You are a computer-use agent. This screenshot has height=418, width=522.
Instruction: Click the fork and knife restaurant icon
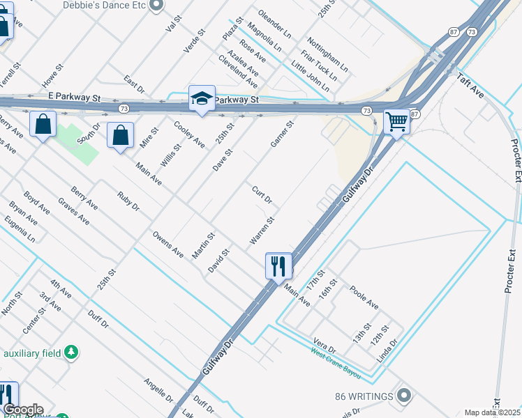pyautogui.click(x=278, y=265)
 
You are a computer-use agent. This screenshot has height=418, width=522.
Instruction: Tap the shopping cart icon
pyautogui.click(x=397, y=121)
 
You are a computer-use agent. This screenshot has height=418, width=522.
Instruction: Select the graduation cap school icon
pyautogui.click(x=202, y=98)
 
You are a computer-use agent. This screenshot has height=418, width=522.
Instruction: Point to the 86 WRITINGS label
pyautogui.click(x=363, y=396)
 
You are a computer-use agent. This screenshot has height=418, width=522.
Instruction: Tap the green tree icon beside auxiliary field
pyautogui.click(x=70, y=353)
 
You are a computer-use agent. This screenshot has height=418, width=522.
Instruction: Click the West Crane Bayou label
pyautogui.click(x=336, y=363)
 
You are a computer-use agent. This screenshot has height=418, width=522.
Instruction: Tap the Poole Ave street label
pyautogui.click(x=364, y=297)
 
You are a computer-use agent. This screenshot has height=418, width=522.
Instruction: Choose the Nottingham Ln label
pyautogui.click(x=327, y=52)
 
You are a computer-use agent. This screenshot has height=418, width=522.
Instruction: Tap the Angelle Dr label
pyautogui.click(x=158, y=391)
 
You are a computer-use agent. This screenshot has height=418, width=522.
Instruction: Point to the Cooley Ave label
pyautogui.click(x=189, y=134)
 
